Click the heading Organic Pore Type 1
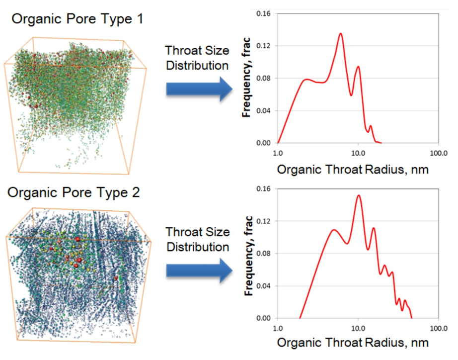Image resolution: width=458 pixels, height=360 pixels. (x=77, y=19)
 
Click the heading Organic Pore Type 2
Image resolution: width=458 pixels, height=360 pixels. (x=74, y=193)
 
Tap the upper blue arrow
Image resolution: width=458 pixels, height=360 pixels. (x=199, y=89)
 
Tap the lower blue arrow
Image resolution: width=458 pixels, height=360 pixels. (x=199, y=270)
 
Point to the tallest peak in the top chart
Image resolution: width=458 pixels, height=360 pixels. (x=341, y=33)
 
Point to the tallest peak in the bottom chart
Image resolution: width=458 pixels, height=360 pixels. (x=358, y=195)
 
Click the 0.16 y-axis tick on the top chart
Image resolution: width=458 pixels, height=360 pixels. (x=263, y=13)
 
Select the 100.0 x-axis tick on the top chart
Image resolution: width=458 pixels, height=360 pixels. (x=439, y=153)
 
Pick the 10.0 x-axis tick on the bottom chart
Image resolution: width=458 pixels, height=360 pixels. (x=358, y=328)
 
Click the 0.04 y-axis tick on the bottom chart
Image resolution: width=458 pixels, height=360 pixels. (x=263, y=286)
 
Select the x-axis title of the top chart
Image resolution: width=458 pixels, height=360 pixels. (x=353, y=170)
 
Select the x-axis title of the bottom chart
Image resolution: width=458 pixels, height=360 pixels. (x=353, y=343)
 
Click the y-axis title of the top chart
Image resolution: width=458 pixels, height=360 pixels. (x=246, y=77)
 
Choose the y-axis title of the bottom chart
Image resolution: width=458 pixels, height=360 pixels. (x=248, y=256)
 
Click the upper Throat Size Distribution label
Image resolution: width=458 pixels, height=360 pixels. (x=197, y=58)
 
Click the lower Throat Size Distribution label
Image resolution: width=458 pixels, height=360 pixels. (x=198, y=240)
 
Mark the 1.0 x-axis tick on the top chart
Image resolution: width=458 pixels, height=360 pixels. (x=278, y=153)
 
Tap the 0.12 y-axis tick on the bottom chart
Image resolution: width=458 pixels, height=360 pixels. (x=263, y=221)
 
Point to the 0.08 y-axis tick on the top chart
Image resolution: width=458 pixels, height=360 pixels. (x=263, y=79)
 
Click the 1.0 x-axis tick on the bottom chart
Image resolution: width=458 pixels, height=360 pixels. (x=278, y=328)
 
